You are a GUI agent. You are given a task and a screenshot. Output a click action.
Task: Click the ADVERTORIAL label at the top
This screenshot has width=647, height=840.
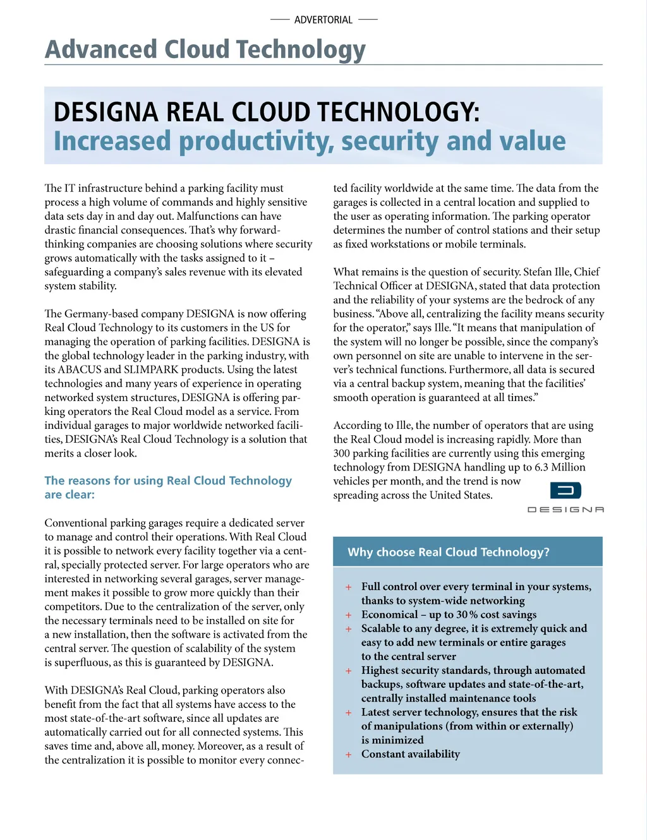click(x=323, y=20)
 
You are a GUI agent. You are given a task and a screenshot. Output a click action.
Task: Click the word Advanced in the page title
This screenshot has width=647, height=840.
click(x=101, y=49)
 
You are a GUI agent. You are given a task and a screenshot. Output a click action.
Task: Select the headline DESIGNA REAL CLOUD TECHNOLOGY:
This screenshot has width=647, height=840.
click(x=266, y=112)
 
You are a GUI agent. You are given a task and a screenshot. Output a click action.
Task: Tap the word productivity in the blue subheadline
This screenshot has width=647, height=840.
click(x=256, y=141)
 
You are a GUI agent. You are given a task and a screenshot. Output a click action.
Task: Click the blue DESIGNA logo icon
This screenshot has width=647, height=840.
click(x=565, y=490)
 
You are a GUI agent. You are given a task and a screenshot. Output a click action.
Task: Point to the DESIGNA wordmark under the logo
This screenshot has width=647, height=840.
click(x=565, y=509)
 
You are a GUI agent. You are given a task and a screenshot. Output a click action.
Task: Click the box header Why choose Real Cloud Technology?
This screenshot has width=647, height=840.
click(x=449, y=552)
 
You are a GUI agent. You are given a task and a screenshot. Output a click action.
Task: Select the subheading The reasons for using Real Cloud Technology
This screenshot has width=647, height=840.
click(x=168, y=481)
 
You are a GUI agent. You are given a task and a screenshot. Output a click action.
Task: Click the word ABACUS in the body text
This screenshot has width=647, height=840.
click(x=79, y=369)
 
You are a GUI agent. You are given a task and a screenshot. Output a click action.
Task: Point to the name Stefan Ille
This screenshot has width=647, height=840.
click(x=547, y=272)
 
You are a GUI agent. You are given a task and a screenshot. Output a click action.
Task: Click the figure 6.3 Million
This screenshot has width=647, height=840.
click(x=560, y=467)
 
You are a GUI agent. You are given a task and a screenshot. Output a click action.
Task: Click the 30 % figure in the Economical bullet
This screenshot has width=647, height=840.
click(x=467, y=615)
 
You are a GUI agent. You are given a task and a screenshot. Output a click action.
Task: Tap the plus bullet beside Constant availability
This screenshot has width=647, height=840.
click(x=348, y=754)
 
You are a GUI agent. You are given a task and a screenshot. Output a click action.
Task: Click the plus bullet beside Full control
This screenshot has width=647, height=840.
click(x=348, y=587)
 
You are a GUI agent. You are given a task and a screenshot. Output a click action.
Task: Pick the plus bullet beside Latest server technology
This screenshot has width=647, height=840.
click(x=348, y=712)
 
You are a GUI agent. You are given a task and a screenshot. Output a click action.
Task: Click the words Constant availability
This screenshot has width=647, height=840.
click(x=411, y=753)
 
